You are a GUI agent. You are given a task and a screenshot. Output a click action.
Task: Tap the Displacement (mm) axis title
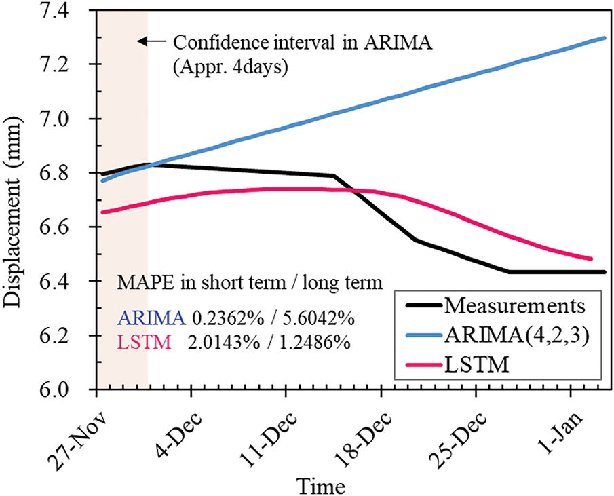[x=15, y=201]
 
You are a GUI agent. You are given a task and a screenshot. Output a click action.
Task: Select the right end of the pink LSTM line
[x=592, y=259]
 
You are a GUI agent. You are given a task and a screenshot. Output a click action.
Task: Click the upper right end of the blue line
[x=605, y=38]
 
